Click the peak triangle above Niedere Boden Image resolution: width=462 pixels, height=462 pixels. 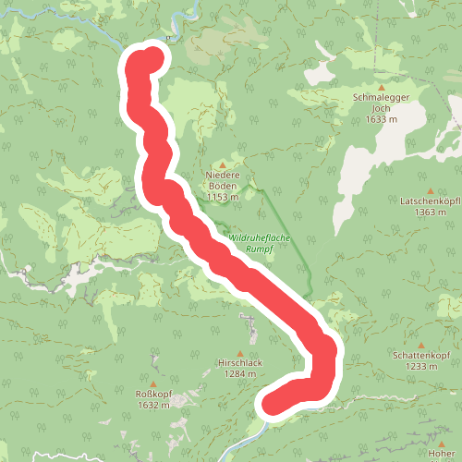222,164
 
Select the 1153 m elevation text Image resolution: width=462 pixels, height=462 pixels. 222,197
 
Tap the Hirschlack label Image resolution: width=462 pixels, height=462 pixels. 239,364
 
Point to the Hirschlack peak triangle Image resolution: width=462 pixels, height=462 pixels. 239,353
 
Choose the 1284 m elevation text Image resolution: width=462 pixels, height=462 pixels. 239,374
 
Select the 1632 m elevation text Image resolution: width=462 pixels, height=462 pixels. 153,405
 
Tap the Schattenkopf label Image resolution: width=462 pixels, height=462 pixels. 420,356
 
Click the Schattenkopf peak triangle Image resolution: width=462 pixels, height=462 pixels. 420,345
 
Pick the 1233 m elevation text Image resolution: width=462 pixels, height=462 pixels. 420,366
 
